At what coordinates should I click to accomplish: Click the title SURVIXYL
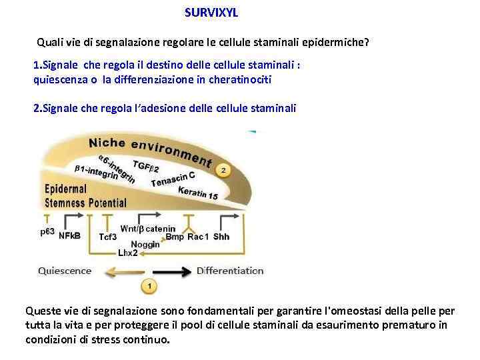(211, 13)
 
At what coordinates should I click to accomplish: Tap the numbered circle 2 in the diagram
(223, 171)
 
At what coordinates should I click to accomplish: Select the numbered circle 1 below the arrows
(149, 287)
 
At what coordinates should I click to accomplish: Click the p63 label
(48, 231)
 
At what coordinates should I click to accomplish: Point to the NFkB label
(69, 236)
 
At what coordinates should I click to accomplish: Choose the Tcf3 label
(108, 237)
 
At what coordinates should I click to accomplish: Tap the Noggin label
(145, 244)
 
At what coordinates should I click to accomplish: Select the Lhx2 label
(127, 253)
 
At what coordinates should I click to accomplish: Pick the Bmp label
(175, 237)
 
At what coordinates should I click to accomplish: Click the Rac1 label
(197, 237)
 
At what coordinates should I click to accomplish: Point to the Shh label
(221, 237)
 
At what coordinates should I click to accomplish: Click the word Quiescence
(65, 271)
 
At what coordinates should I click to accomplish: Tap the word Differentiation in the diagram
(230, 271)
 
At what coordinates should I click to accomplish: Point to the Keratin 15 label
(197, 193)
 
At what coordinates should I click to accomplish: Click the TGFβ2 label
(146, 165)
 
